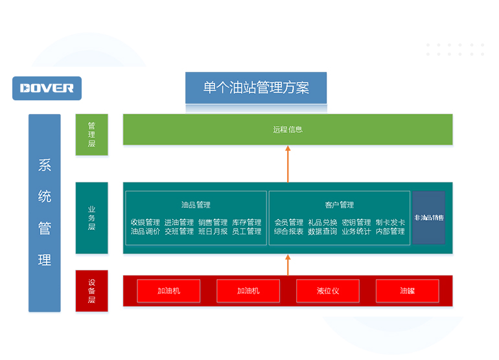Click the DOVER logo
[47, 88]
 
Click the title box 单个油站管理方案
[256, 88]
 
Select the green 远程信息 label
[288, 129]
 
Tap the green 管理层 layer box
[91, 135]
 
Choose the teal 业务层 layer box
[91, 218]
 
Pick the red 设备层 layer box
[91, 291]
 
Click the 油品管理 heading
[196, 205]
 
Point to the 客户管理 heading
[340, 205]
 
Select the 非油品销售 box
[429, 218]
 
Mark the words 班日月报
[213, 231]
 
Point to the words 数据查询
[323, 231]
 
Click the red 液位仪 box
[328, 291]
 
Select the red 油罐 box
[407, 291]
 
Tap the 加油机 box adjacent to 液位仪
[248, 291]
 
